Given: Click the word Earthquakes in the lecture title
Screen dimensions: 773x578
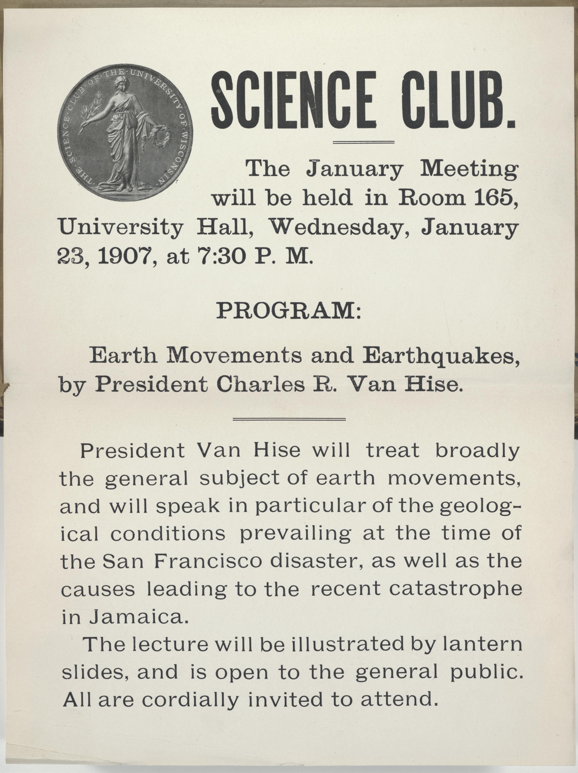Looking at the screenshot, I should click(440, 356).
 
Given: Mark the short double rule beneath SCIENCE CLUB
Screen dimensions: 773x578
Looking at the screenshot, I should click(364, 142).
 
